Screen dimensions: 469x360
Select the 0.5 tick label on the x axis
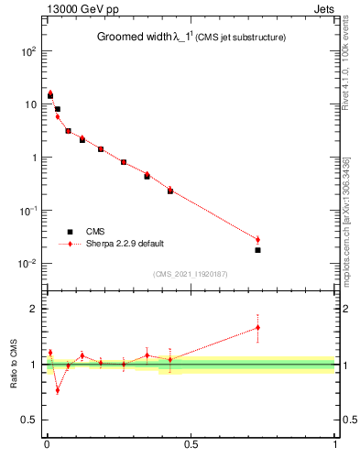coord(191,446)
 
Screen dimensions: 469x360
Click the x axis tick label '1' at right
coord(335,446)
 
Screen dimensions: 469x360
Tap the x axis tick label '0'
coord(46,446)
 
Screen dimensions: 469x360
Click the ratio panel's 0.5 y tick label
coord(29,421)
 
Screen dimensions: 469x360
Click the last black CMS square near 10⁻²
coord(257,250)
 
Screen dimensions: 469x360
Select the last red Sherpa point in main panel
coord(257,240)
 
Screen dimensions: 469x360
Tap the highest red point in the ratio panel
coord(257,327)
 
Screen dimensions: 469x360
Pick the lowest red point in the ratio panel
coord(57,389)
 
